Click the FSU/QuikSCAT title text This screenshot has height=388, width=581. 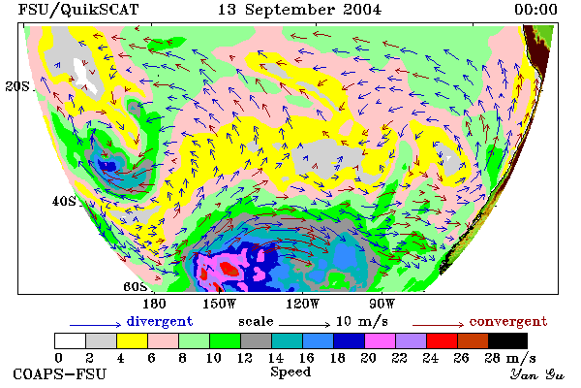(78, 10)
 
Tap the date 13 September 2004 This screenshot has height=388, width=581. (299, 10)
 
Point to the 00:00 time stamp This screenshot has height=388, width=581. (535, 10)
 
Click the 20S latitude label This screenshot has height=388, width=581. (17, 86)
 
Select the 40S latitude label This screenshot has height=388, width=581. (64, 201)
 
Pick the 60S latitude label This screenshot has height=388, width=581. (136, 286)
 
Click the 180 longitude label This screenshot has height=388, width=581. (154, 304)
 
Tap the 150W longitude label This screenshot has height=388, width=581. (220, 304)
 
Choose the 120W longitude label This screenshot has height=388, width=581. (302, 304)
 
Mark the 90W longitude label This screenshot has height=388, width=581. (382, 304)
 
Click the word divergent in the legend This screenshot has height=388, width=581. (160, 321)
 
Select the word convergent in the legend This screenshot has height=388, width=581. (508, 321)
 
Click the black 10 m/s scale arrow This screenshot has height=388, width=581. (304, 325)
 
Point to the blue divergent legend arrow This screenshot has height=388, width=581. (95, 325)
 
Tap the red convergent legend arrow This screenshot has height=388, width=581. (438, 325)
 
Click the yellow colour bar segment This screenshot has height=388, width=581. (132, 340)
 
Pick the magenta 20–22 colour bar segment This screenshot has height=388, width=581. (380, 340)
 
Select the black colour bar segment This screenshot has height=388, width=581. (507, 340)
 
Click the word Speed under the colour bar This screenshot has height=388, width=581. (290, 372)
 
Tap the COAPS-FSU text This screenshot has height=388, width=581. (60, 373)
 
